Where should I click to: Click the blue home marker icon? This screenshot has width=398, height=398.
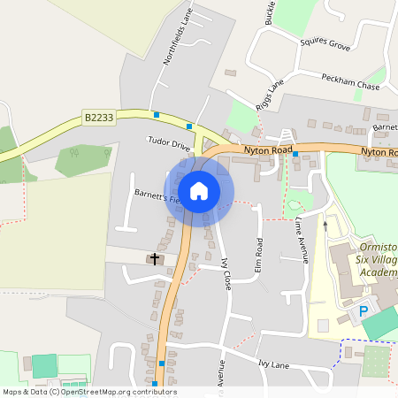point(199,190)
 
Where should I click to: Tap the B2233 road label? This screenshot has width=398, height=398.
point(99,117)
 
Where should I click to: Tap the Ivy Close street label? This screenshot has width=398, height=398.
point(226,274)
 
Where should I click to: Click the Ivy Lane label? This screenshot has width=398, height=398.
point(274,364)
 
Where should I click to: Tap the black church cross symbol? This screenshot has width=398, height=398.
point(156,259)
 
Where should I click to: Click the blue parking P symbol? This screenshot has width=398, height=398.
point(363,311)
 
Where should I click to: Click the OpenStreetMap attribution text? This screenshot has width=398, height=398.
point(88,392)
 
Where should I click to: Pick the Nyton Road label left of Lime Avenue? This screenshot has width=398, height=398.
point(268,151)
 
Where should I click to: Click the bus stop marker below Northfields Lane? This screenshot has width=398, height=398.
point(157,114)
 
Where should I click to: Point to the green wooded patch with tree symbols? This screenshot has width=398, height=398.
point(84,159)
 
